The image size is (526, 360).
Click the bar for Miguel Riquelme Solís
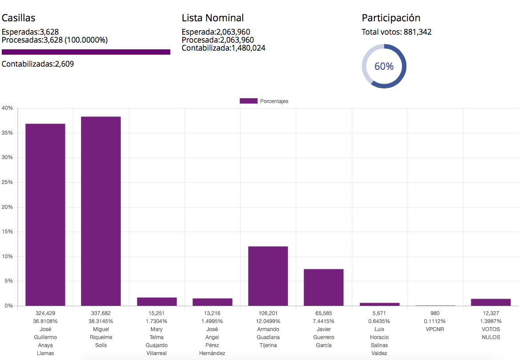tap(101, 211)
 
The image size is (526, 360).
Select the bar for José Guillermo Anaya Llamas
tap(45, 215)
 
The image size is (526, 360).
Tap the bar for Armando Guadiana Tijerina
tap(268, 276)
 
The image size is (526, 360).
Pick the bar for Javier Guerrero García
tap(324, 287)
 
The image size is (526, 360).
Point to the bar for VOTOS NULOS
tap(491, 302)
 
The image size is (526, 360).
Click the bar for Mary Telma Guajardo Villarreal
tap(157, 301)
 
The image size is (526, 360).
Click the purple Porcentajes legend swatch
tap(249, 101)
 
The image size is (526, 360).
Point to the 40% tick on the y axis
tap(7, 108)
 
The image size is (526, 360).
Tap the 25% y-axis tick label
tap(7, 182)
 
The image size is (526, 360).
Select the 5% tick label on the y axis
tap(8, 281)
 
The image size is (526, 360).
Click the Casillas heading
tap(19, 18)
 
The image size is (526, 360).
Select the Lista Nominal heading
tap(213, 18)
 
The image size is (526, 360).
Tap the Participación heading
tap(391, 18)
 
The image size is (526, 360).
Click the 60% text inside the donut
tap(384, 66)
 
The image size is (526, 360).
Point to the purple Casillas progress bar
tap(86, 52)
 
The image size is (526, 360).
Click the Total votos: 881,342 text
tap(397, 32)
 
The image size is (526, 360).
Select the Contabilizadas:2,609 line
tap(38, 64)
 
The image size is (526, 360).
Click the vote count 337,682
tap(101, 313)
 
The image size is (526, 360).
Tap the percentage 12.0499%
tap(268, 321)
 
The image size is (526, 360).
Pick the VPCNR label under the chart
tap(435, 329)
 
